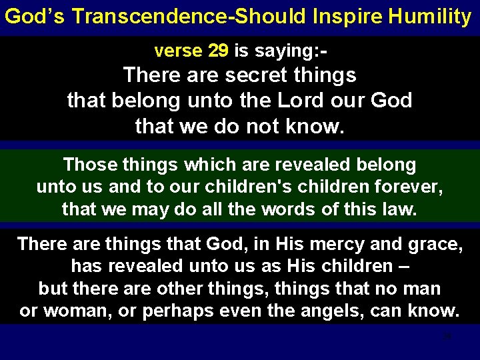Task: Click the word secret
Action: [x=259, y=75]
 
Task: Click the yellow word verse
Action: [x=176, y=51]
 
